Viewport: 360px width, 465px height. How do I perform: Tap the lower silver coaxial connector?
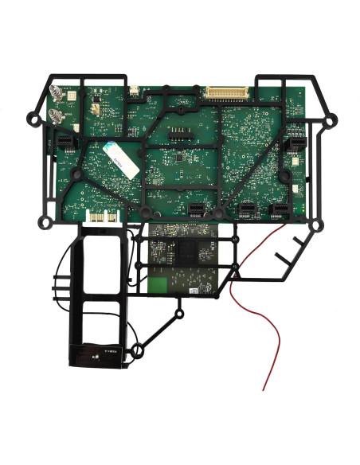[57, 117]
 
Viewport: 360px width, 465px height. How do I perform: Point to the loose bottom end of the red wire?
[264, 389]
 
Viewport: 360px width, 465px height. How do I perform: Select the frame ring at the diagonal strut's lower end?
[136, 348]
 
